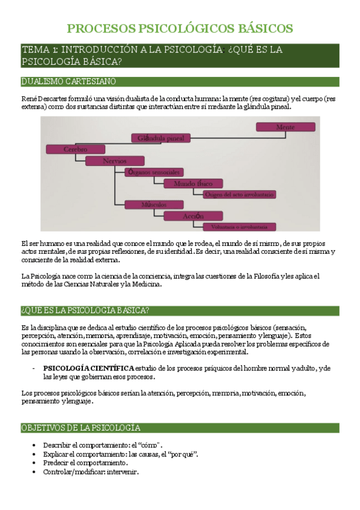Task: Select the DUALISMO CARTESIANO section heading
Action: (69, 81)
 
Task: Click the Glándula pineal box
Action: (160, 138)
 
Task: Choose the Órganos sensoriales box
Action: (153, 172)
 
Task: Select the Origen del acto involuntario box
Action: (240, 194)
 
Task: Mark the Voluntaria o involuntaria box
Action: (239, 227)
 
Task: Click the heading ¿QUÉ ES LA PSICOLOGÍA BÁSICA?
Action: (85, 310)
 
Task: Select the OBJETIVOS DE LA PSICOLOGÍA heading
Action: (81, 428)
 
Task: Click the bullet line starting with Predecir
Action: (85, 463)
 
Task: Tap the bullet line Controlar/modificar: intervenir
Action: (91, 472)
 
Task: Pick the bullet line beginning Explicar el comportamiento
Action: (121, 453)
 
